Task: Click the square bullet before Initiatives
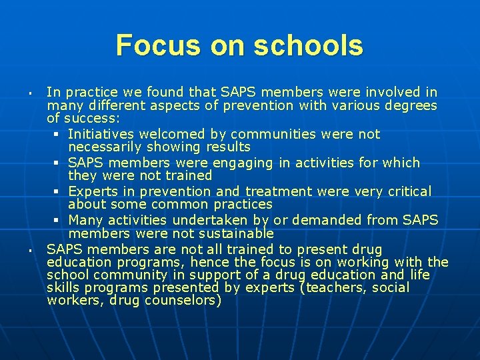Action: (59, 135)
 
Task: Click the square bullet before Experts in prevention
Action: (59, 192)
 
